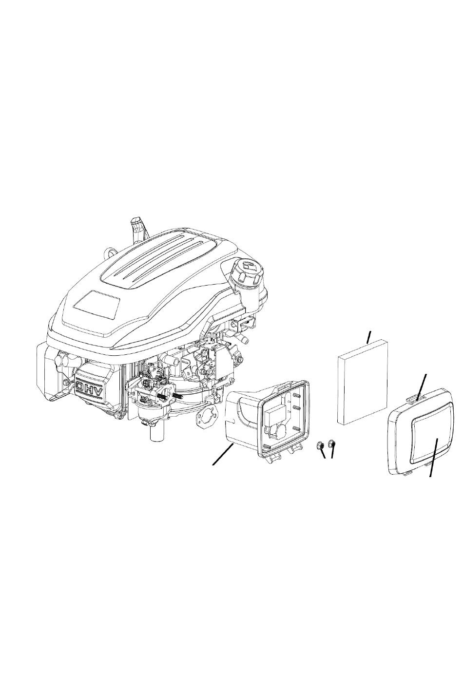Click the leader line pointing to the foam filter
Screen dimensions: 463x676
[368, 337]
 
